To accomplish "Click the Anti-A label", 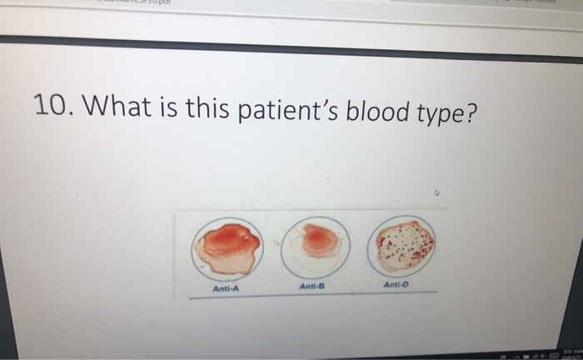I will tap(225, 288).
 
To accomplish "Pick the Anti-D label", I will tap(397, 284).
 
